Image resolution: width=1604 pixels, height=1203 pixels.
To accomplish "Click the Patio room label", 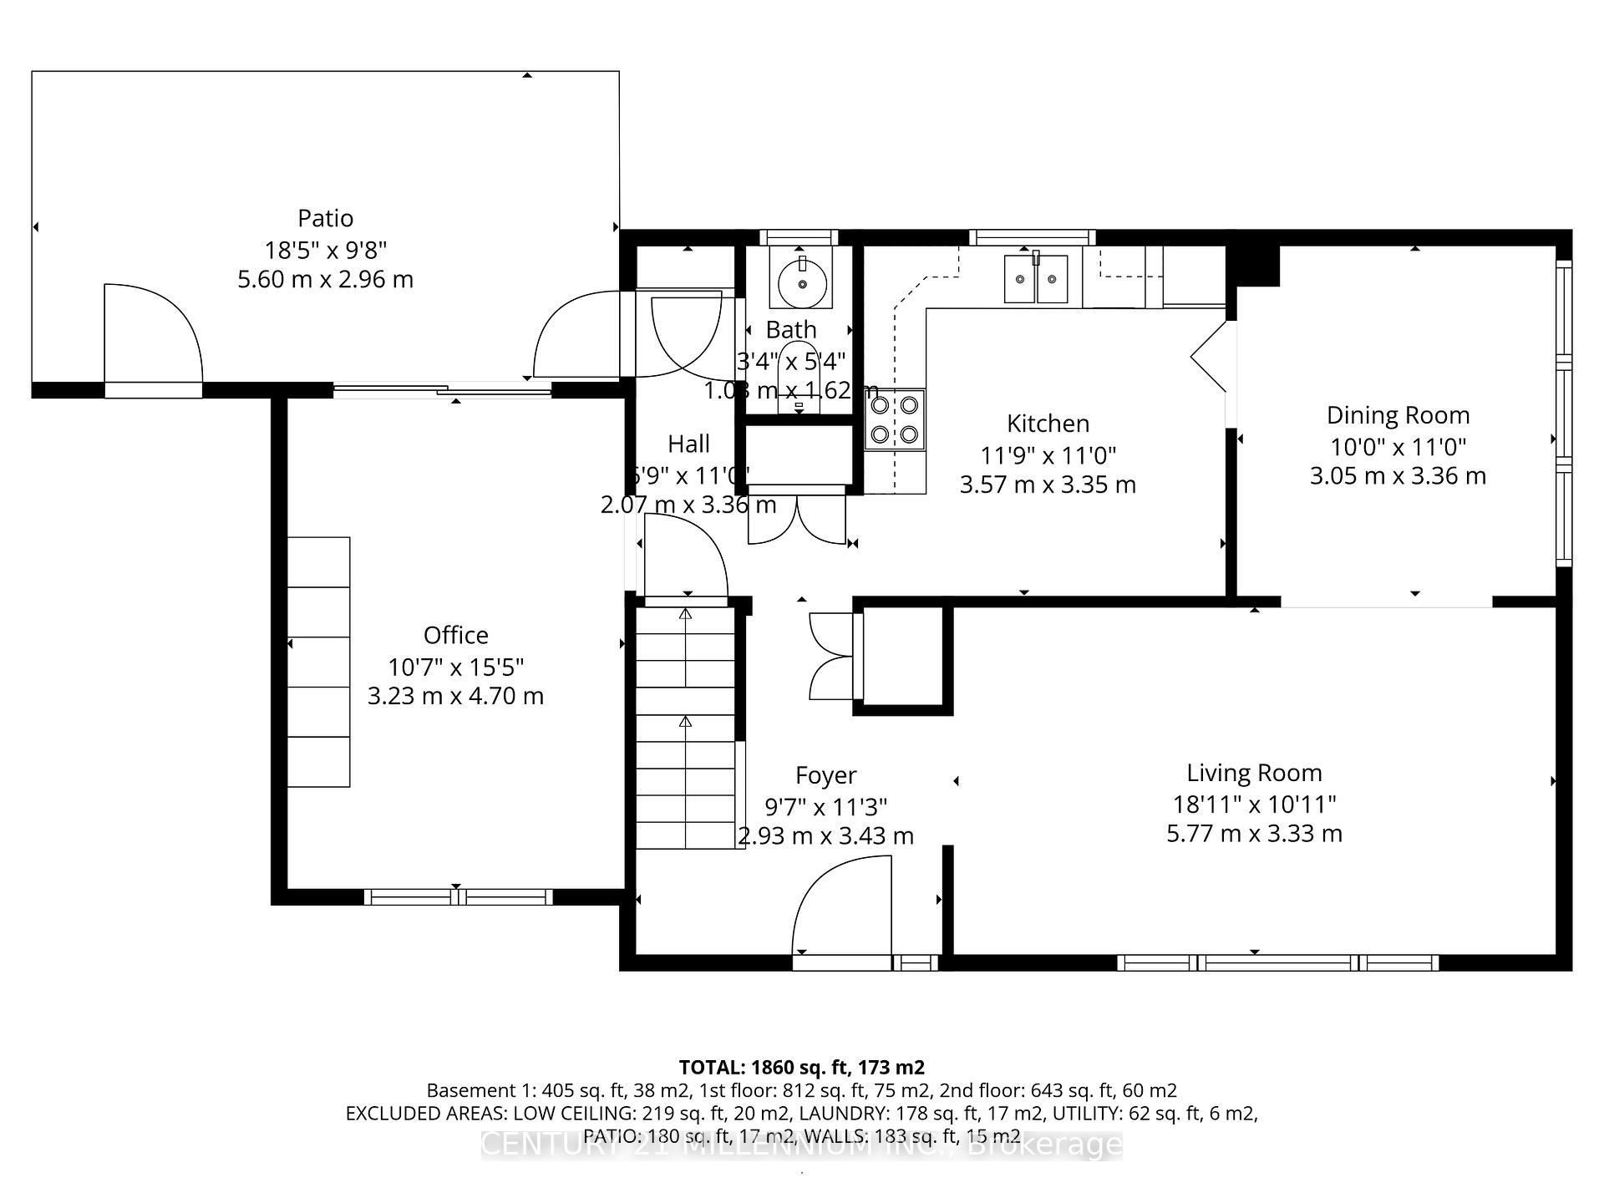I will (325, 218).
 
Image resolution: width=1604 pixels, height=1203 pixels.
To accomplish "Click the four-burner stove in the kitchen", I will (895, 419).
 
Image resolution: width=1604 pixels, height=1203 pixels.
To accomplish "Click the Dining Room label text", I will (1398, 415).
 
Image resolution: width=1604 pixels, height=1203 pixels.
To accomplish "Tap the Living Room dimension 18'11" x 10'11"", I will (1254, 805).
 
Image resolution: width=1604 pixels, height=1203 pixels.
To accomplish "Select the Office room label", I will (455, 635).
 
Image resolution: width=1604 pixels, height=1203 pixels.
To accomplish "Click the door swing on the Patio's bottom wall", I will (153, 334).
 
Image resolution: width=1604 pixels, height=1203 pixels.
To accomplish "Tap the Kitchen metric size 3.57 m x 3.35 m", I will (1048, 485).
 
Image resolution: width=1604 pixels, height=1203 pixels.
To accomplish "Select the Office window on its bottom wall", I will (458, 897).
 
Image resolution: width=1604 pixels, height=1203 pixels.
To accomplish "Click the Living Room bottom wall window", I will (1277, 962).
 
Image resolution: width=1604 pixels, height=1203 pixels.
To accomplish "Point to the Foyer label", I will (825, 775).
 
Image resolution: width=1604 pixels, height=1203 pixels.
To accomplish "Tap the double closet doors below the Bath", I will (797, 520).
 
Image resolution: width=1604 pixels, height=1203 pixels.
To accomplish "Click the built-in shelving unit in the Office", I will (318, 662).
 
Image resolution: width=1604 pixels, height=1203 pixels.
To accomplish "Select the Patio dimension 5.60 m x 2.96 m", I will (325, 279).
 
